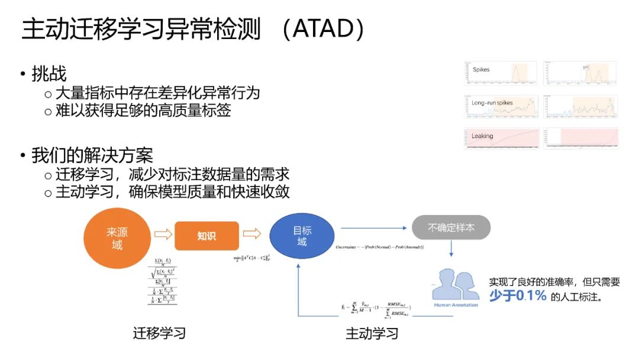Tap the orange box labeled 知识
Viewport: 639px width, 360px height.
pos(206,236)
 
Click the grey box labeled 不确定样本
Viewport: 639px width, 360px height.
pos(451,227)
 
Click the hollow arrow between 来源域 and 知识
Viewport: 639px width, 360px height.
pos(163,234)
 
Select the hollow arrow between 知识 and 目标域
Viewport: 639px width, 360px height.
pos(252,234)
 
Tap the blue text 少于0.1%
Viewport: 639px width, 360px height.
pos(517,296)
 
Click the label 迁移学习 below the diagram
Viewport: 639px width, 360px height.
pos(159,333)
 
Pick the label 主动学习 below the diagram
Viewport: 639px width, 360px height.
pos(372,333)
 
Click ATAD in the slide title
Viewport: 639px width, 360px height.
pos(322,30)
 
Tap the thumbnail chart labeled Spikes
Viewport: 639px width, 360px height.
pos(500,73)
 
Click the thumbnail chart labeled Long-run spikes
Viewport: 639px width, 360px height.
pos(500,107)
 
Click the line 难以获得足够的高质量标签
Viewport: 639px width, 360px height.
pos(143,111)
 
